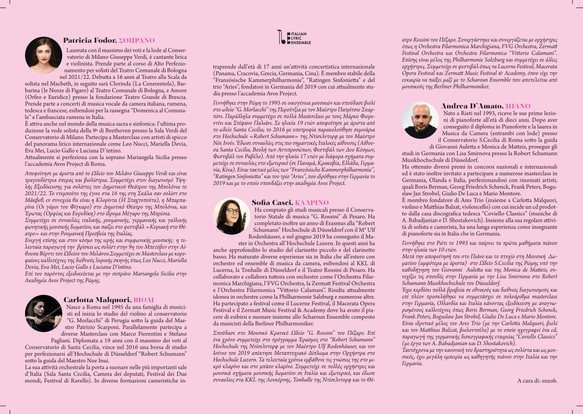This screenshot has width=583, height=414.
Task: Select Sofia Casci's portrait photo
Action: coord(231,217)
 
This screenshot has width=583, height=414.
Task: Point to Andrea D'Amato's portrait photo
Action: coord(421,120)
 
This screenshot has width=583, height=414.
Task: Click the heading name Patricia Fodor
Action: coord(89,40)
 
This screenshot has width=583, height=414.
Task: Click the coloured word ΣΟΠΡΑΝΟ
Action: coord(137,40)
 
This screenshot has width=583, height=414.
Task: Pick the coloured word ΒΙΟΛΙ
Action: coord(144,300)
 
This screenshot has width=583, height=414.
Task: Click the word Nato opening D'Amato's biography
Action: coord(450,114)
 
